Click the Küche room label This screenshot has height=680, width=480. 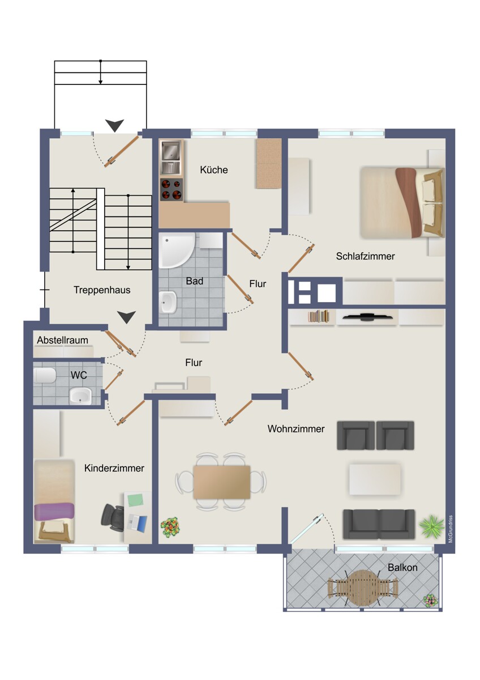coord(214,169)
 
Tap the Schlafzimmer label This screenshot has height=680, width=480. coord(365,256)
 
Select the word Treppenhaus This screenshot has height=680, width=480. coord(102,290)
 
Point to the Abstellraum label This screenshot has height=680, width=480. coord(63,340)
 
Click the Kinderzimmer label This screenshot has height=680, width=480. coord(114,468)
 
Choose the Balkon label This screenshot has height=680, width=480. coord(402,567)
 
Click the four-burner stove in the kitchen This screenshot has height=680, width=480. coord(172,189)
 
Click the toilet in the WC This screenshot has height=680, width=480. coord(45,375)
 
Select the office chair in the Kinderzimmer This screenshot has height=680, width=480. coord(113,517)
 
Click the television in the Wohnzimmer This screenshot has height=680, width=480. coord(367,317)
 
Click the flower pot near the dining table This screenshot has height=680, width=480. coord(170,528)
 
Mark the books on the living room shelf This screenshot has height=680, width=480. coord(319,316)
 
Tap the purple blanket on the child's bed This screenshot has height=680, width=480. coord(54,512)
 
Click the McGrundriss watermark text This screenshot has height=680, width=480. coord(451,529)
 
